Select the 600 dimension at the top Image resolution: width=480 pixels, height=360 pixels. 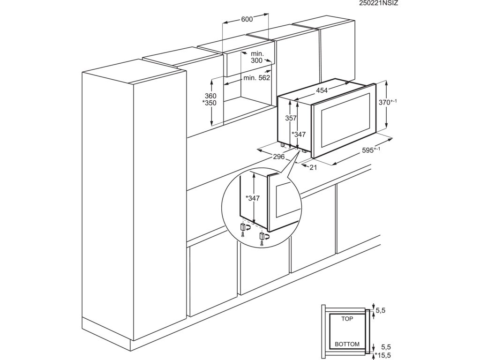tap(247, 19)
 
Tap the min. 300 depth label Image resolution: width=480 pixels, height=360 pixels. tap(257, 58)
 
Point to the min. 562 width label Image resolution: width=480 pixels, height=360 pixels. tap(256, 78)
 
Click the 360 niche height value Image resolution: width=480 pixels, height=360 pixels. tap(203, 96)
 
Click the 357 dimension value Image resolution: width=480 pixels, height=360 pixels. tap(291, 119)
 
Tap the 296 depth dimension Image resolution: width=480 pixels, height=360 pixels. tap(279, 157)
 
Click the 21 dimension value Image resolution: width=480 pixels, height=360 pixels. tap(314, 167)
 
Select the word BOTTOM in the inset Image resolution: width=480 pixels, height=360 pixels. tap(347, 344)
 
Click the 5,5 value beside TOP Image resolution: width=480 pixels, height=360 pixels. tap(382, 310)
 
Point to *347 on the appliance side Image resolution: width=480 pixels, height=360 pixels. tap(299, 135)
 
